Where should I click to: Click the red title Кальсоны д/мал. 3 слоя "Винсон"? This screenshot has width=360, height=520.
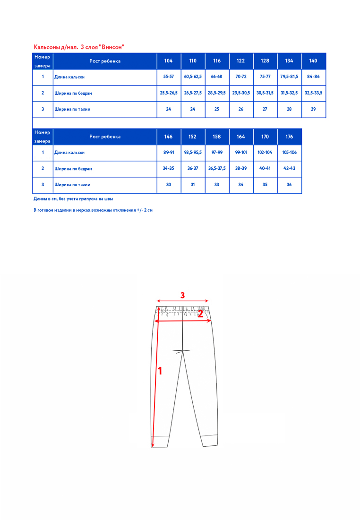pos(79,47)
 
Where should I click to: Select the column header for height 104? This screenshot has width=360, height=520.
pos(169,61)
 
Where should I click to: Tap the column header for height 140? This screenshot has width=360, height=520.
pos(313,61)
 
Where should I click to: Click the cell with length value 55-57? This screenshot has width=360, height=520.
pos(169,77)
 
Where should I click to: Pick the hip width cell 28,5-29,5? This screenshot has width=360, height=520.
pos(217,93)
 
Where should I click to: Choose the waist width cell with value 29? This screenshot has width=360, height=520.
pos(313,109)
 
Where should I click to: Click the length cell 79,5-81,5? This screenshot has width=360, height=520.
pos(289,77)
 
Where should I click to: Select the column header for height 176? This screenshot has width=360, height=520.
pos(289,137)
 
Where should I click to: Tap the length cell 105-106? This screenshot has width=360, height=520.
pos(289,153)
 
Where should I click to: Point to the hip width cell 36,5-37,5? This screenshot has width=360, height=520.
pos(217,169)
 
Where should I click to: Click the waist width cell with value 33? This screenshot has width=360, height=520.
pos(217,185)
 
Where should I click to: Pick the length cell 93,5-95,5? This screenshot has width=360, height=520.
pos(193,153)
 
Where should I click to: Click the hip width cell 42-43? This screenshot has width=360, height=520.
pos(289,169)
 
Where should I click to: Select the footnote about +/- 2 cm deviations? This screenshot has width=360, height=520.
pos(93,210)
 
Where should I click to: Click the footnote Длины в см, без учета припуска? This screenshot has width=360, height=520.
pos(73,199)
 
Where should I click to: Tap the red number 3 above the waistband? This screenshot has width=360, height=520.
pos(182,295)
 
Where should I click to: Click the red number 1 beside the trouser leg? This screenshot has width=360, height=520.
pos(160,371)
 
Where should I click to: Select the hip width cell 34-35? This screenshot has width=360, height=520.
pos(169,169)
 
